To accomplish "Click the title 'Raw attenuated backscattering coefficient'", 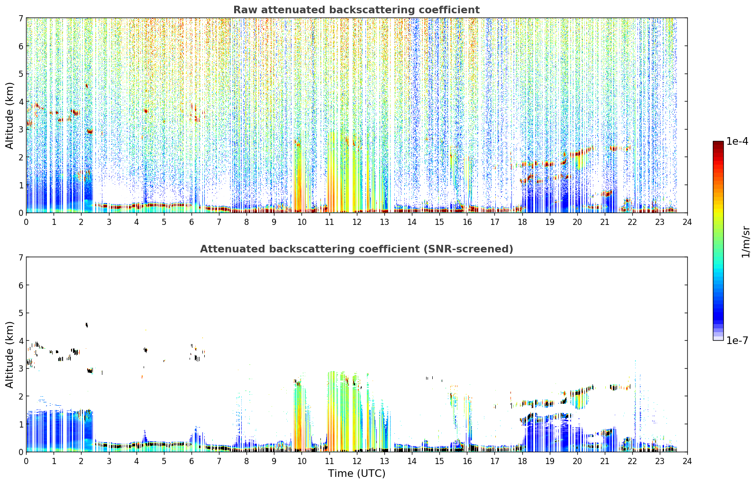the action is coord(356,10).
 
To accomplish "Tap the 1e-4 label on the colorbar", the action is coord(737,141).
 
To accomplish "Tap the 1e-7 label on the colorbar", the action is coord(737,340).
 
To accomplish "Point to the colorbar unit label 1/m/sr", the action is coord(745,242).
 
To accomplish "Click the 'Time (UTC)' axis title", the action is coord(356,474).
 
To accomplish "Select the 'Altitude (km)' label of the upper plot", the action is coord(9,116).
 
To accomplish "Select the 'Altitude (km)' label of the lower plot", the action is coord(9,354).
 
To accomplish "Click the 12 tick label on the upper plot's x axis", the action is coord(357,222).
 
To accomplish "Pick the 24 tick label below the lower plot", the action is coord(687,461).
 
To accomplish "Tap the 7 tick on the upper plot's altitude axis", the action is coord(20,18).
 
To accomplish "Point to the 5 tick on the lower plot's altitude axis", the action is coord(20,313).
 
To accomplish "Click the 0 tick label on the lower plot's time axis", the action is coord(27,461).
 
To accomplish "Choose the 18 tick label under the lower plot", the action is coord(522,461).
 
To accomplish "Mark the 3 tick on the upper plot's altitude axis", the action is coord(20,130).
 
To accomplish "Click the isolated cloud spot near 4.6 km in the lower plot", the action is coord(87,325).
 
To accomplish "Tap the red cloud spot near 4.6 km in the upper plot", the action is coord(87,86).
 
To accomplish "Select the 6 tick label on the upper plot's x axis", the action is coord(191,222).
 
